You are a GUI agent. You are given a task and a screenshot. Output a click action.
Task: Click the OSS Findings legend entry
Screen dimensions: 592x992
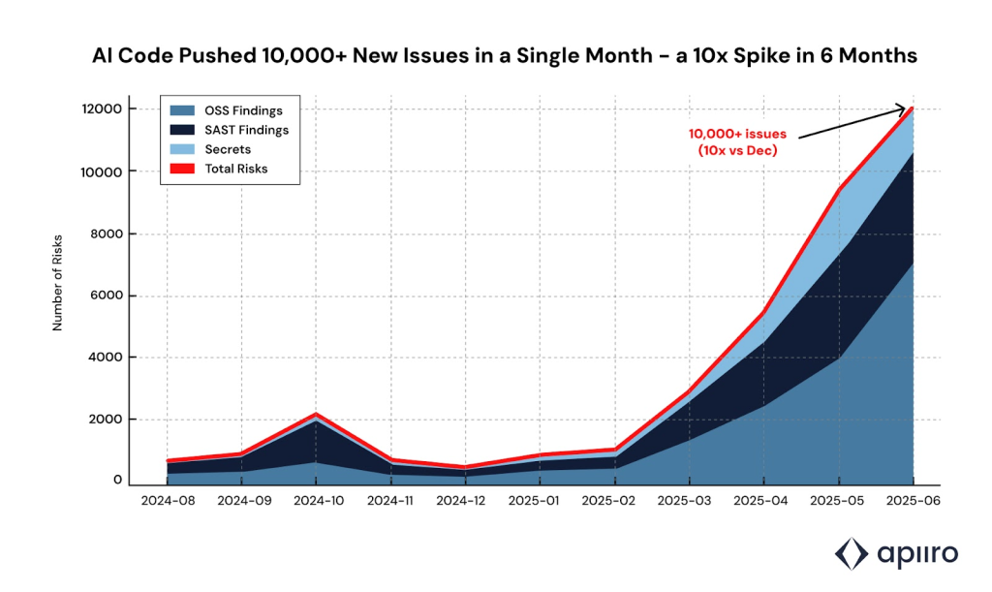[243, 110]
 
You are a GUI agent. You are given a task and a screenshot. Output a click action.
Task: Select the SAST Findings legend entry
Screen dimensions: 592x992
[246, 130]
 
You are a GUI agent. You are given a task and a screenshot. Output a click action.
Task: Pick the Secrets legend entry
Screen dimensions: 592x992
[228, 149]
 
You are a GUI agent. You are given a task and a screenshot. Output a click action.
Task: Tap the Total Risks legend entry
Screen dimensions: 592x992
[236, 169]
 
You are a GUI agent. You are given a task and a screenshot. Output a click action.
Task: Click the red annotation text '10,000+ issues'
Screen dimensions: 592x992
[738, 134]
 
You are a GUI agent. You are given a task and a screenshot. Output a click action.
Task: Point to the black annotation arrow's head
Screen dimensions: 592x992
[910, 109]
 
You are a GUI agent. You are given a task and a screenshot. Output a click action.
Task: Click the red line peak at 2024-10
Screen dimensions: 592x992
[317, 415]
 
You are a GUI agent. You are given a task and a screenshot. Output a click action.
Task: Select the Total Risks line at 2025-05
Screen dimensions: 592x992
[838, 188]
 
